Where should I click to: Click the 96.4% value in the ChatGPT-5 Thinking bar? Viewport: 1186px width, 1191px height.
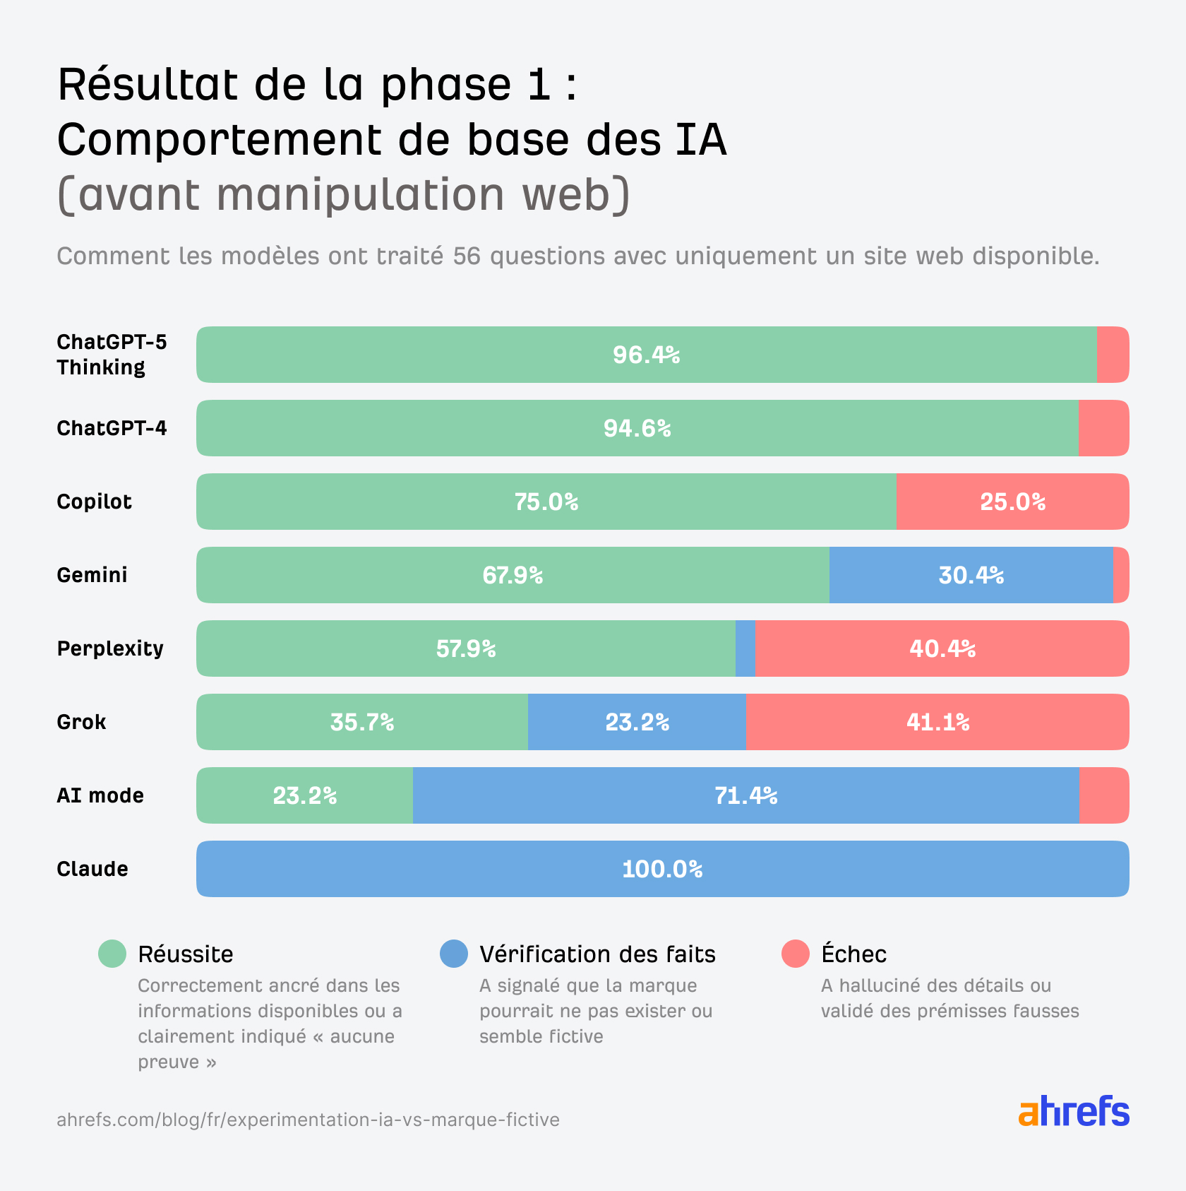646,355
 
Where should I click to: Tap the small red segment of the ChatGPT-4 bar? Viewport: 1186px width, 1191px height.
1103,428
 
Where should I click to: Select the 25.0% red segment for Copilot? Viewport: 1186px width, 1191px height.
1012,502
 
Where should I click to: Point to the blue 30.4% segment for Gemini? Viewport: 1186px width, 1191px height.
971,575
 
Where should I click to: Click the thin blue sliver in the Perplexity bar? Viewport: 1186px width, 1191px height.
745,648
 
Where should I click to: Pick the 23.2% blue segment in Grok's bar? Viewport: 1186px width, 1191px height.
637,722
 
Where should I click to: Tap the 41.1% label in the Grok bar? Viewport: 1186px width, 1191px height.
938,722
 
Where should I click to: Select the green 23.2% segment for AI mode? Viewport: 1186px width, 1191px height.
305,795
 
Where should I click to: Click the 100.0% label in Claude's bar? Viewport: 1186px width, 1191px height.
662,869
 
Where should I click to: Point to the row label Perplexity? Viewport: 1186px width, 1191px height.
110,648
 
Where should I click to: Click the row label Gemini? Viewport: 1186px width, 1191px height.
92,575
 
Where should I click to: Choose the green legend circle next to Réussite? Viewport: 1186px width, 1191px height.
112,954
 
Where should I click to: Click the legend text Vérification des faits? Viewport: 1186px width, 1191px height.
597,954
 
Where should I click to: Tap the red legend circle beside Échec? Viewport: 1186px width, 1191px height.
796,954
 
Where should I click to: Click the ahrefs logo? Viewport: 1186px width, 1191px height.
1073,1112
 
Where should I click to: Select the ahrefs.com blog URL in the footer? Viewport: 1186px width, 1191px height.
308,1120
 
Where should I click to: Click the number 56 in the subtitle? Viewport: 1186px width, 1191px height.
467,256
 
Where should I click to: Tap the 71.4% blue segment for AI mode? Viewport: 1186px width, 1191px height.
745,795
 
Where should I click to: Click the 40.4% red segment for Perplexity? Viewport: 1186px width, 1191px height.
942,648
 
